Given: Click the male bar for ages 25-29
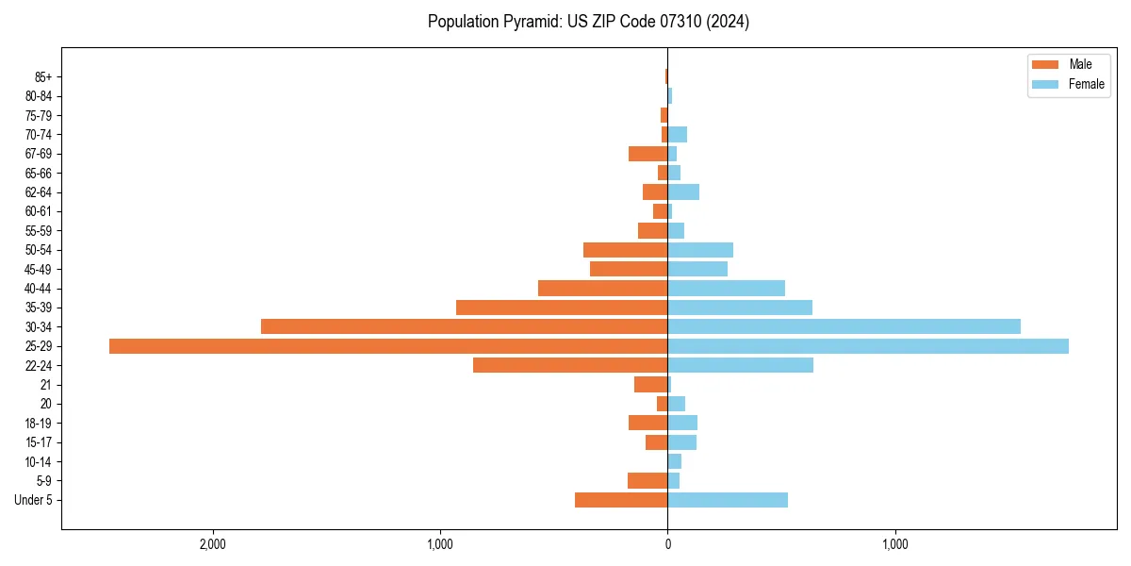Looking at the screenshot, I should (388, 346).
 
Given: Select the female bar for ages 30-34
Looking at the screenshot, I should (844, 326).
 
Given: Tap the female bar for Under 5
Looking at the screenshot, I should (728, 500).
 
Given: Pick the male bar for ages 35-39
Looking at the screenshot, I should (562, 308).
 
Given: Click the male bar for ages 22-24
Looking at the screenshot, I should (570, 365).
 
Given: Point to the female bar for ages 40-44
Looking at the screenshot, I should (726, 288).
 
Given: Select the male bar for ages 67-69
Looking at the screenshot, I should (647, 154).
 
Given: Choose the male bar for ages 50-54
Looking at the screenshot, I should (625, 250).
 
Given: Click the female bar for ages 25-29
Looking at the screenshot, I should (868, 346).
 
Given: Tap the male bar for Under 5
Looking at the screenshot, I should (621, 500).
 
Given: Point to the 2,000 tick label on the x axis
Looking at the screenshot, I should (213, 544).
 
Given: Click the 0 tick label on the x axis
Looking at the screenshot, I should (667, 544).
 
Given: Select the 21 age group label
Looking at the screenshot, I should (46, 385).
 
